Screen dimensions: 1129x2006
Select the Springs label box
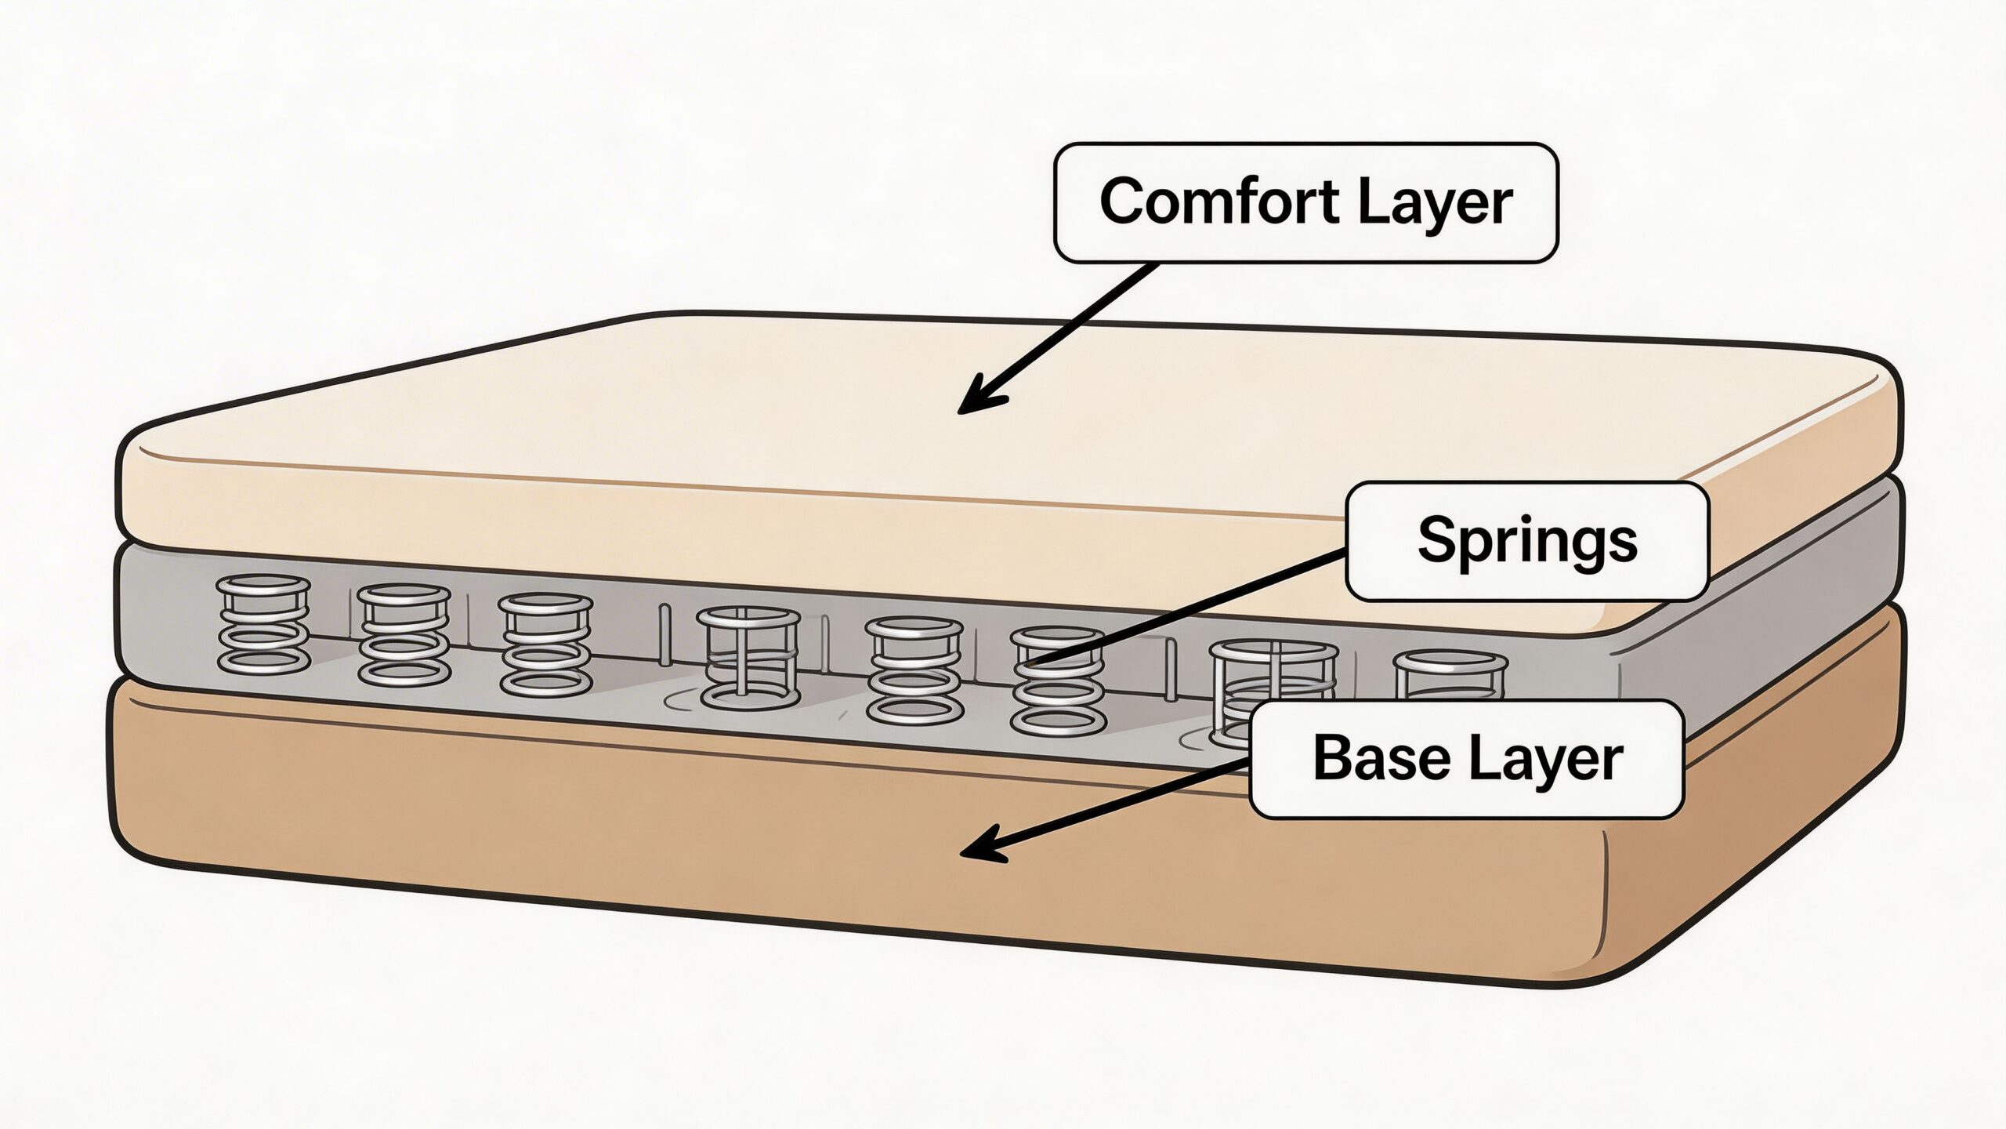[1526, 542]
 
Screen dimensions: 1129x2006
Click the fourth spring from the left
[748, 655]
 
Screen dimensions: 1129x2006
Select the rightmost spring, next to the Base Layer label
[1450, 674]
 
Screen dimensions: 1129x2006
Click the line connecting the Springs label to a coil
[1191, 608]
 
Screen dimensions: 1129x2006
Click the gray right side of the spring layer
[1763, 627]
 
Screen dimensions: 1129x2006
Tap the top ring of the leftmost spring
[263, 583]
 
